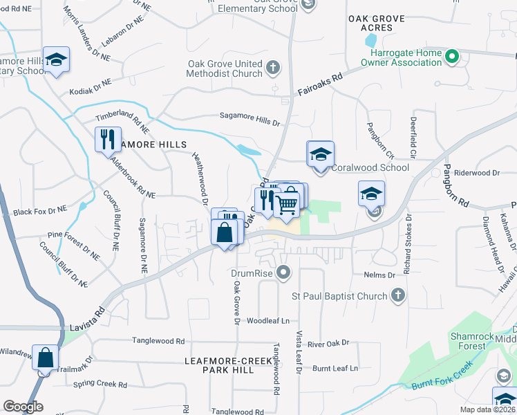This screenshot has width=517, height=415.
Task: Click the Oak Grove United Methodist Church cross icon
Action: (274, 67)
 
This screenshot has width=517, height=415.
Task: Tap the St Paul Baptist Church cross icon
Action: (397, 296)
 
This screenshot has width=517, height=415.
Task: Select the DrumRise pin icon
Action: (283, 273)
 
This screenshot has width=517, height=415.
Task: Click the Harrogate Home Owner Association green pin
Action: (452, 56)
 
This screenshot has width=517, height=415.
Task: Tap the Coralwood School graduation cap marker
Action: (320, 155)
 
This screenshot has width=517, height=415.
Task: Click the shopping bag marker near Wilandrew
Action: (46, 359)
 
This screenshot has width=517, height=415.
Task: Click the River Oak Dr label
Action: (328, 342)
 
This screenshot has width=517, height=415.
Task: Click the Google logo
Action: (23, 407)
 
